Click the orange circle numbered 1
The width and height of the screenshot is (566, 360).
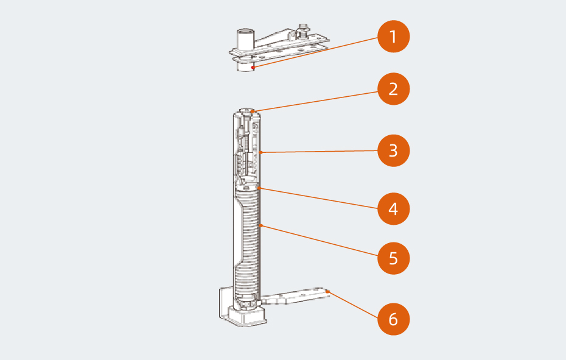pyautogui.click(x=393, y=37)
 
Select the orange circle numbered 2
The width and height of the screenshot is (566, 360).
pyautogui.click(x=393, y=90)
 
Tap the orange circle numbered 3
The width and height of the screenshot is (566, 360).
pyautogui.click(x=393, y=150)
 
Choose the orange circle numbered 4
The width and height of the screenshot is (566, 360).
pyautogui.click(x=393, y=210)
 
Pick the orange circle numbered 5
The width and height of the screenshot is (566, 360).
pyautogui.click(x=393, y=258)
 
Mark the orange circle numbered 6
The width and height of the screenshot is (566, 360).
pyautogui.click(x=393, y=319)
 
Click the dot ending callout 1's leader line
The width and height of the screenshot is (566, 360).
pyautogui.click(x=252, y=68)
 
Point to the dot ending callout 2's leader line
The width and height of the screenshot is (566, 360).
pyautogui.click(x=254, y=111)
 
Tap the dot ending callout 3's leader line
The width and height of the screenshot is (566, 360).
pyautogui.click(x=260, y=152)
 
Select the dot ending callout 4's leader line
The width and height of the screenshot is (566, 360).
pyautogui.click(x=259, y=188)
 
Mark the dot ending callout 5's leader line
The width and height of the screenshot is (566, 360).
pyautogui.click(x=260, y=225)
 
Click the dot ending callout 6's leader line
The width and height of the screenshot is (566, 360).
pyautogui.click(x=327, y=292)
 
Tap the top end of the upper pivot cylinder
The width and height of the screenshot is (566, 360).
pyautogui.click(x=245, y=30)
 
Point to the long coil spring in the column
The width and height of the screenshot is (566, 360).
pyautogui.click(x=248, y=244)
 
